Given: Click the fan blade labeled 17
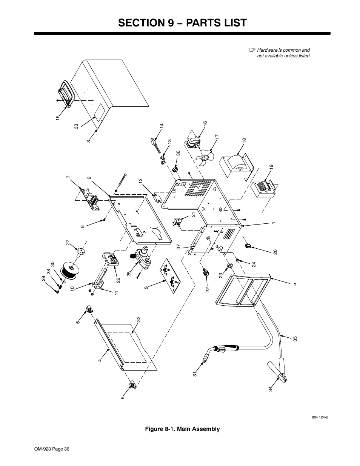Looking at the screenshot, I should (207, 155).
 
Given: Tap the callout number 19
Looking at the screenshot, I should (271, 167).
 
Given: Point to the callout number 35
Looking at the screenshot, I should (295, 338).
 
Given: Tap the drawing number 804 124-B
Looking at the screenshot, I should (320, 418).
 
